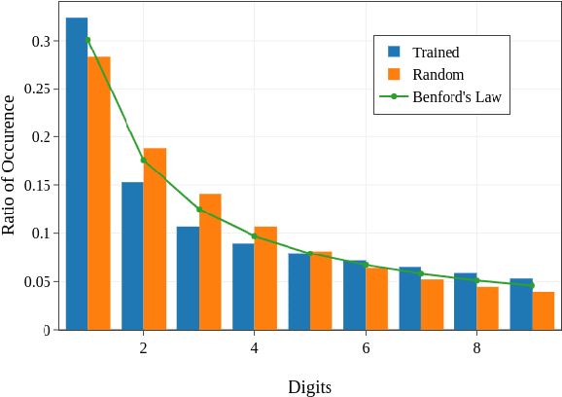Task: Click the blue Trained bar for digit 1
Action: point(77,175)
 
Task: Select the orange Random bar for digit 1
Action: point(99,195)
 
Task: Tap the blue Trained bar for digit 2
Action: point(132,257)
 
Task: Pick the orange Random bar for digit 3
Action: point(210,263)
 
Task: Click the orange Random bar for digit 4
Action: point(265,279)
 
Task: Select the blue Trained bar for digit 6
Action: point(354,296)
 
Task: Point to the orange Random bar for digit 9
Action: point(544,311)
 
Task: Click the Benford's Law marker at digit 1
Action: point(88,40)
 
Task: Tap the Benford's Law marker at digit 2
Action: point(144,161)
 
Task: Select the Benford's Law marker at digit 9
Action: point(532,285)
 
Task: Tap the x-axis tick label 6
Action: point(366,348)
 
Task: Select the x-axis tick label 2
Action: point(144,348)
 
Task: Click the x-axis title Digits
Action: point(309,386)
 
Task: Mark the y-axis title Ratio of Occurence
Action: point(10,164)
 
